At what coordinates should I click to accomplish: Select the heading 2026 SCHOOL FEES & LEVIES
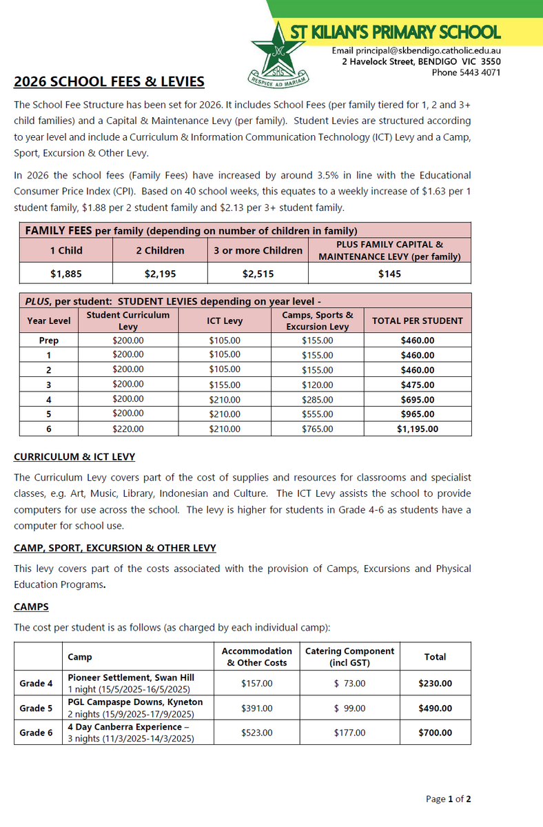(x=109, y=82)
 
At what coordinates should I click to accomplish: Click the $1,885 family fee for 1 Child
(x=66, y=274)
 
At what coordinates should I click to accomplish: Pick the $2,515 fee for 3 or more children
(x=258, y=274)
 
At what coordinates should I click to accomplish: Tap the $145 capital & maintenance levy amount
(x=389, y=274)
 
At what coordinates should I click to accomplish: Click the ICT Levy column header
(x=225, y=320)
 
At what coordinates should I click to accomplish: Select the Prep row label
(x=49, y=340)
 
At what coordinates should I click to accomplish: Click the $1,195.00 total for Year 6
(x=417, y=429)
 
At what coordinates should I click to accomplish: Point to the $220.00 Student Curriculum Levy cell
(x=128, y=429)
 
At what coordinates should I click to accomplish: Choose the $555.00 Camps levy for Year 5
(x=318, y=414)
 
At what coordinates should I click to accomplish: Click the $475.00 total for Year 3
(x=417, y=385)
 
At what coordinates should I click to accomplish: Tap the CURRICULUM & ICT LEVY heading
(x=74, y=457)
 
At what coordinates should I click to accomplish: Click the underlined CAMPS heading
(x=31, y=607)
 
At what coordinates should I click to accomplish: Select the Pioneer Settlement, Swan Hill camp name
(x=135, y=677)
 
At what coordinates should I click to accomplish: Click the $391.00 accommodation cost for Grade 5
(x=257, y=708)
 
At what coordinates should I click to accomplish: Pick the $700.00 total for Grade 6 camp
(x=435, y=733)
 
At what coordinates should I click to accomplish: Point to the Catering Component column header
(x=349, y=657)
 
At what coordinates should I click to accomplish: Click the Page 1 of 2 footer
(x=448, y=799)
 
